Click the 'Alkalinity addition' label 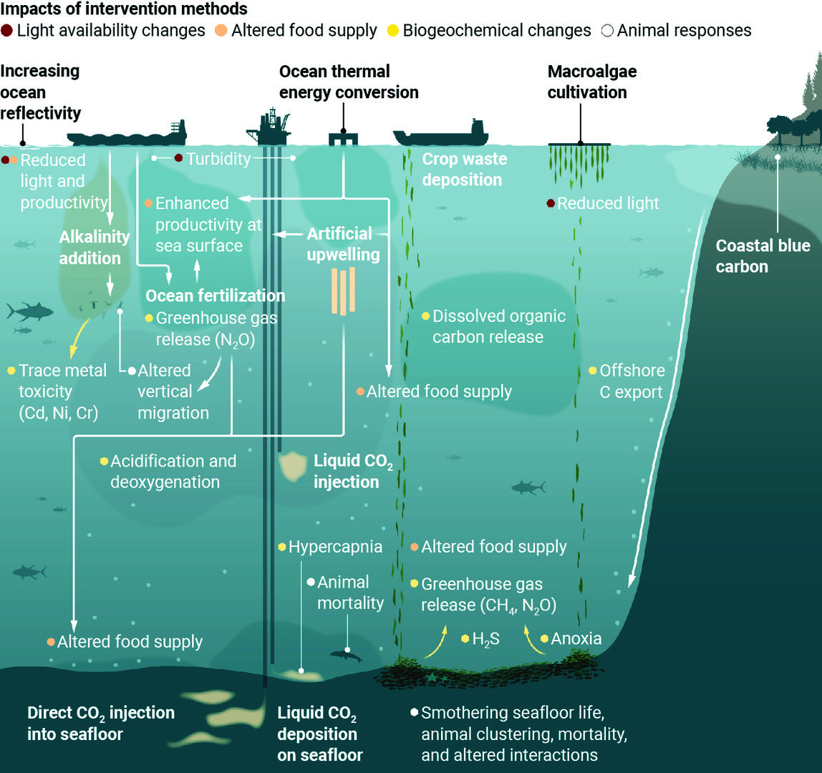click(94, 247)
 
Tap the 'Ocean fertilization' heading click(215, 296)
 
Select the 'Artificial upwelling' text click(343, 244)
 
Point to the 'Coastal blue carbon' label click(763, 256)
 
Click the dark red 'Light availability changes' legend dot click(7, 31)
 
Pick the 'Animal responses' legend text click(684, 31)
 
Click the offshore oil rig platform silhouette click(269, 127)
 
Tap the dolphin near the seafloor click(345, 656)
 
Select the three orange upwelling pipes click(344, 291)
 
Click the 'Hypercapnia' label click(334, 548)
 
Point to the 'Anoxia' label click(576, 638)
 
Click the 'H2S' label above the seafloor click(485, 638)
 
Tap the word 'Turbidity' click(218, 159)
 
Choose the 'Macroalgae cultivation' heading click(591, 82)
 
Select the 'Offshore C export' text click(632, 381)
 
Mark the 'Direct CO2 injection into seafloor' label click(100, 723)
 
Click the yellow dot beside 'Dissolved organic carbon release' click(425, 316)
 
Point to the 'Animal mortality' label click(350, 593)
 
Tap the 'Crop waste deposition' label click(463, 169)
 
